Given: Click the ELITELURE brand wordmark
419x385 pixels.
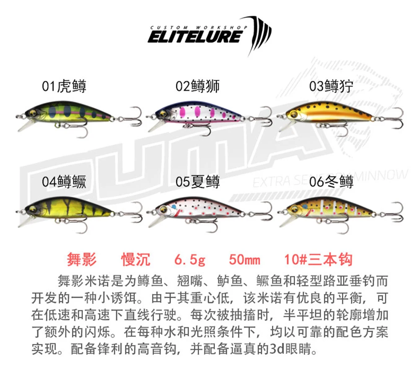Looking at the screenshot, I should coord(195,36).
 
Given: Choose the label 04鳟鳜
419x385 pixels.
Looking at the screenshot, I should coord(64,182).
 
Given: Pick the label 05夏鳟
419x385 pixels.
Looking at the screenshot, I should coord(198,182).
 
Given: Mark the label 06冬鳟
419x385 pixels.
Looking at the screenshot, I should coord(331,182).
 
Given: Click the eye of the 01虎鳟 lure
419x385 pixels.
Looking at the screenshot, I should coord(32,112).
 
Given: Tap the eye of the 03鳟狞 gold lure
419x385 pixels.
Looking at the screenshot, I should coord(293,114).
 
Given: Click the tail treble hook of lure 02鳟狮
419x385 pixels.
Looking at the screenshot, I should coord(263,117).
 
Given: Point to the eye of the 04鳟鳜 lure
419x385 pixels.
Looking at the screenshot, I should coord(33,208).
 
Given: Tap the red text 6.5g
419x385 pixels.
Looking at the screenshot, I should coord(190,260).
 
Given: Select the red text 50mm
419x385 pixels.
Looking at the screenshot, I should coord(244,260).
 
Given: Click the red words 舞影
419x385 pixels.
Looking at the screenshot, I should coord(82,260).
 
